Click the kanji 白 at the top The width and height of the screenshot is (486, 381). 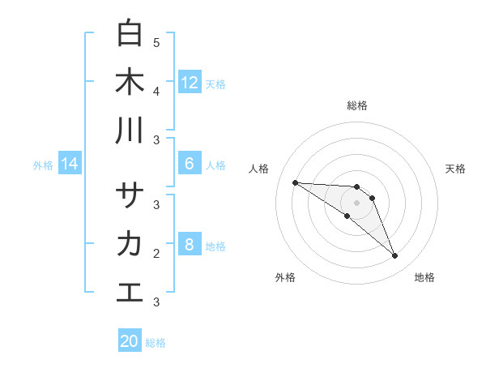point(130,33)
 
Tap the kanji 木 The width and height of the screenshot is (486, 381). point(130,82)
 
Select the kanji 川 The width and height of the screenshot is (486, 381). point(130,131)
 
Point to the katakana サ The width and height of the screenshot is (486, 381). point(130,195)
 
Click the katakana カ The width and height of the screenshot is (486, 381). point(130,244)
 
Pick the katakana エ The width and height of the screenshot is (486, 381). point(130,293)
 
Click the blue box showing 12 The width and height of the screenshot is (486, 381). point(190,83)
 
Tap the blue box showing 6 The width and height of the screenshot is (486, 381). point(190,164)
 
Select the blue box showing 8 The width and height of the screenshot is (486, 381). point(190,245)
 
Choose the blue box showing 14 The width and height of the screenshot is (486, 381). point(70,165)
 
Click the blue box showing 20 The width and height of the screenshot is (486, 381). point(130,341)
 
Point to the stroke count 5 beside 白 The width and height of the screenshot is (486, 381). point(156,42)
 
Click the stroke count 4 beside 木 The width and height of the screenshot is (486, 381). point(156,91)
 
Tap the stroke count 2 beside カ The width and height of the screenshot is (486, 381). point(156,253)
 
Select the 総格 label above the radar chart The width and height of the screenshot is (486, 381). point(357,105)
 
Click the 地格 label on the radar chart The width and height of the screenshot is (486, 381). point(424,277)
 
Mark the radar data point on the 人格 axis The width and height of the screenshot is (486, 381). point(295,182)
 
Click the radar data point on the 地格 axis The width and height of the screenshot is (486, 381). point(394,256)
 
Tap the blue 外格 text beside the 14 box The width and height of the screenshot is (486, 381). point(43,165)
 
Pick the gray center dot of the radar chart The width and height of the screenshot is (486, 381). point(356,202)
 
